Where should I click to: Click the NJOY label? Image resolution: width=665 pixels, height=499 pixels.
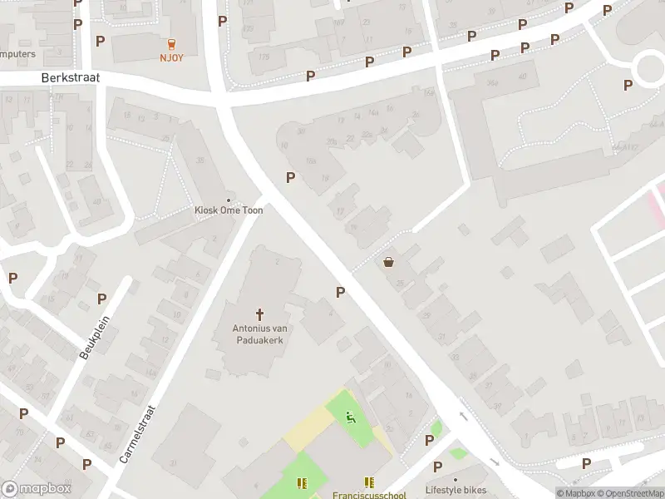tap(172, 57)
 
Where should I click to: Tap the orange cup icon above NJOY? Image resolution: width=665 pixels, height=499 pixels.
tap(172, 44)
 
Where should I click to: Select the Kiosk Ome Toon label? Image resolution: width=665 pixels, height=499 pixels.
tap(229, 210)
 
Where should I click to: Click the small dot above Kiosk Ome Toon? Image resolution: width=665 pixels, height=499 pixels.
tap(229, 200)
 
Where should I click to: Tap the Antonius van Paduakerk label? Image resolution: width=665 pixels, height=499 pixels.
tap(259, 334)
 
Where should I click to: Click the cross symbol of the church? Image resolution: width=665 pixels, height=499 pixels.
tap(259, 314)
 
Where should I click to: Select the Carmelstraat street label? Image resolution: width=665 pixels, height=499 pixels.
tap(138, 433)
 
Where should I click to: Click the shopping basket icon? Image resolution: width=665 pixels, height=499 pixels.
tap(388, 263)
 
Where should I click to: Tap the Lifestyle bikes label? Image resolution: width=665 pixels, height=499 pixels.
tap(455, 489)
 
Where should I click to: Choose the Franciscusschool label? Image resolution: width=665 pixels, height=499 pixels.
tap(370, 495)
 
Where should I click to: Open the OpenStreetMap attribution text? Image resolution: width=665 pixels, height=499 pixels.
tap(628, 493)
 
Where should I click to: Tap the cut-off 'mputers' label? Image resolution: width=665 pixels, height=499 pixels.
tap(17, 54)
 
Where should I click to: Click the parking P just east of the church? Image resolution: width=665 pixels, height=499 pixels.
tap(340, 292)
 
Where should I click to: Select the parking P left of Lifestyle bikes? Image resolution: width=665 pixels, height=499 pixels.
tap(430, 441)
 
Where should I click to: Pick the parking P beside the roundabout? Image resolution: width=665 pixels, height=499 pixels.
tap(628, 85)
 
